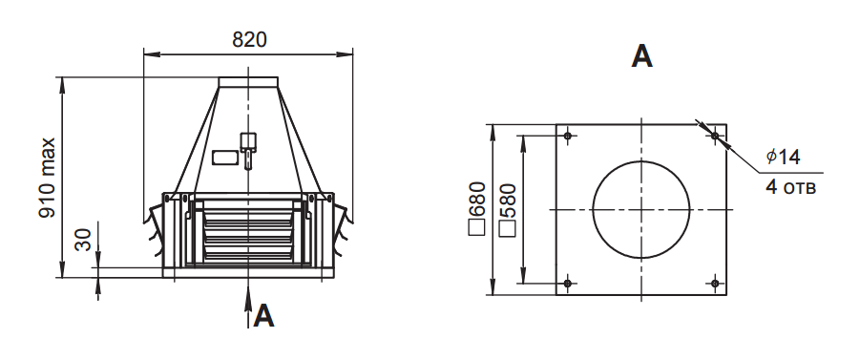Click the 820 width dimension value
tap(249, 40)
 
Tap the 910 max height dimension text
tap(48, 179)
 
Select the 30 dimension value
tap(83, 240)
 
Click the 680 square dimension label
tap(477, 208)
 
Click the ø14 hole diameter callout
tap(784, 157)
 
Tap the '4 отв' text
tap(791, 187)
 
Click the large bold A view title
tap(641, 56)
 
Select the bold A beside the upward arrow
tap(263, 316)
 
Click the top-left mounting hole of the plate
tap(568, 136)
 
